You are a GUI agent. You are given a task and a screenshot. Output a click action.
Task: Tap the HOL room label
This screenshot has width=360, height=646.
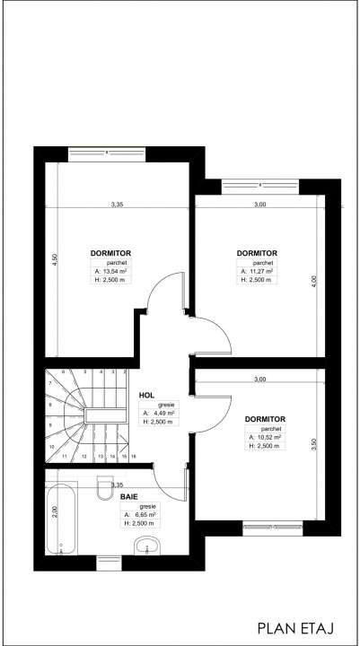[146, 394]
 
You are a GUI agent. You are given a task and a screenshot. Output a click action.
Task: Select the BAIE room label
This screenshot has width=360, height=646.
[129, 493]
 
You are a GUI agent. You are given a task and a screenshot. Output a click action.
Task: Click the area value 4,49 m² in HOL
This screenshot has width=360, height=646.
[162, 414]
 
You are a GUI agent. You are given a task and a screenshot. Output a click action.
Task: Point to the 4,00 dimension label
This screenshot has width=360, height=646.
[313, 281]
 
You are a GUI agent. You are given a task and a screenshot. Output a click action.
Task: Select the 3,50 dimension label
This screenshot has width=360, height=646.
[313, 443]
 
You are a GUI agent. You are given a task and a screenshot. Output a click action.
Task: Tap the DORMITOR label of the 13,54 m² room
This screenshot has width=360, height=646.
[110, 253]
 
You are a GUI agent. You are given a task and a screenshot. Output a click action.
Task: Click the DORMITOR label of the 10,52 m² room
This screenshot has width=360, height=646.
[265, 419]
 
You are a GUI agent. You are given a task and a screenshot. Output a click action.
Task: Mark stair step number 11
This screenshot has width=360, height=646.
[65, 456]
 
